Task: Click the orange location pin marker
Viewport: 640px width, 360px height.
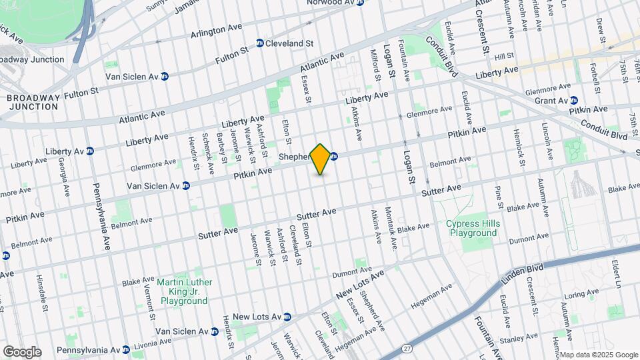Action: click(321, 159)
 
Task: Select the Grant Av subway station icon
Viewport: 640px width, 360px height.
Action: click(573, 100)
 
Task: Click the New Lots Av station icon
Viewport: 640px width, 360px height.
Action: click(287, 317)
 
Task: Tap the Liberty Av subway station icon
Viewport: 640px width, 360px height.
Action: click(89, 151)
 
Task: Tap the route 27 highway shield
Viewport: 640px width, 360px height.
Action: click(407, 348)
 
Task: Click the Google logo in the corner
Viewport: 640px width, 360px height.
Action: click(21, 352)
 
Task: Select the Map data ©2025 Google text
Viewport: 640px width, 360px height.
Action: click(599, 355)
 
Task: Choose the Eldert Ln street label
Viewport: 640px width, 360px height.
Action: click(617, 274)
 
